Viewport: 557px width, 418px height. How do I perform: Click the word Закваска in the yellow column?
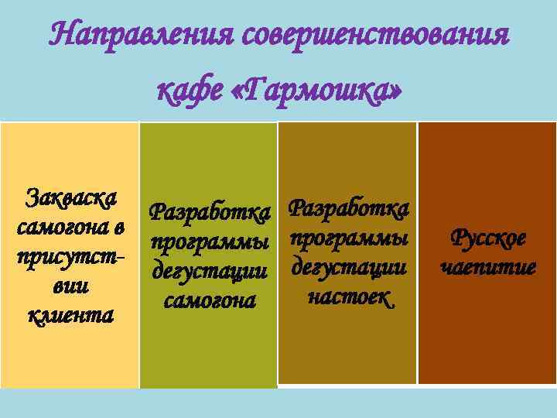pyautogui.click(x=70, y=197)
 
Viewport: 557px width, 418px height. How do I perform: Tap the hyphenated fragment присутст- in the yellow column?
pyautogui.click(x=70, y=257)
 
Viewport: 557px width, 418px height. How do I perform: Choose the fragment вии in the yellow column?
pyautogui.click(x=70, y=286)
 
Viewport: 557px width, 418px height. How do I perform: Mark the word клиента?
pyautogui.click(x=70, y=316)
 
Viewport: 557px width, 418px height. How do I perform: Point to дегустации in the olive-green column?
pyautogui.click(x=210, y=271)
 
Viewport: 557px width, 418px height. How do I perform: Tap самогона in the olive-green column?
pyautogui.click(x=210, y=301)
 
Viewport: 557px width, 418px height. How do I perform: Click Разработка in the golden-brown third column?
pyautogui.click(x=348, y=207)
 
